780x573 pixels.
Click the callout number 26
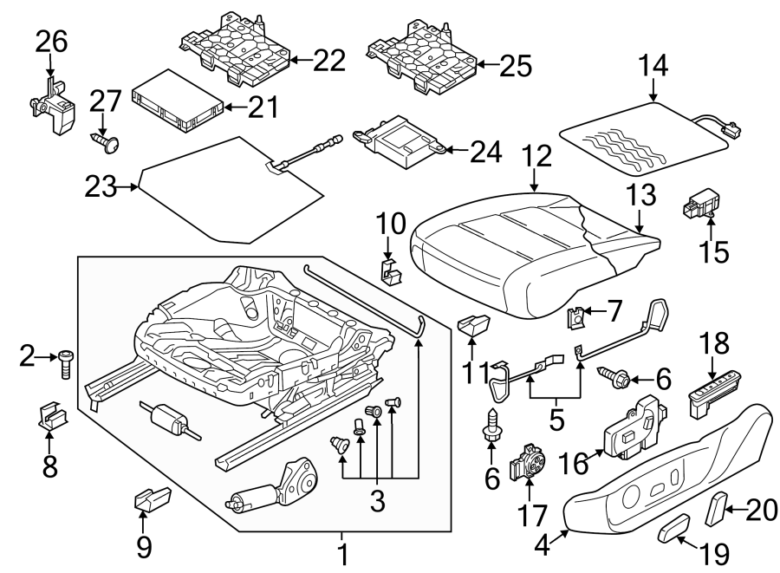49,39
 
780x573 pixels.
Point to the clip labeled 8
53,417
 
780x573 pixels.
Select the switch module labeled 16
630,427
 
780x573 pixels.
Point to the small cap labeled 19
673,528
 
